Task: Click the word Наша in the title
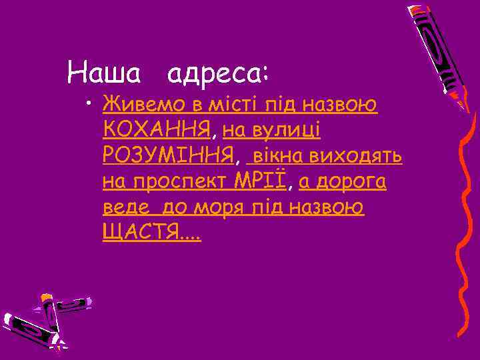coord(104,71)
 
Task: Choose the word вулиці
coord(288,130)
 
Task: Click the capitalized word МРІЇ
coord(260,181)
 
